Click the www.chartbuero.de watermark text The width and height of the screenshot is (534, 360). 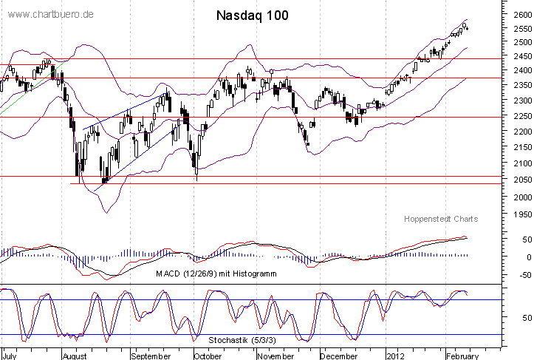click(51, 15)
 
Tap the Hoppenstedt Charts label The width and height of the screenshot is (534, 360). click(441, 219)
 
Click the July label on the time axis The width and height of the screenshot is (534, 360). click(10, 355)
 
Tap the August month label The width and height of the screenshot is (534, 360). click(75, 355)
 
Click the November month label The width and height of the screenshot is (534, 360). click(274, 355)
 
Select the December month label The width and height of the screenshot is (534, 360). click(339, 355)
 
